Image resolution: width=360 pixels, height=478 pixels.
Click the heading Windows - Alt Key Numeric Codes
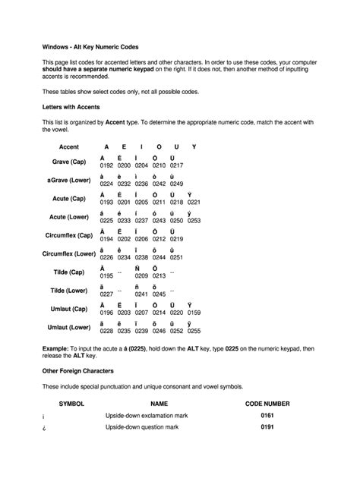(90, 46)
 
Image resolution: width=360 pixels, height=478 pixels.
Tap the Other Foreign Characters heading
(77, 371)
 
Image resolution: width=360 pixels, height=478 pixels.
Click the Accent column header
(69, 146)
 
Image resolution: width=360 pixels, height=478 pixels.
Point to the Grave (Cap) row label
(69, 162)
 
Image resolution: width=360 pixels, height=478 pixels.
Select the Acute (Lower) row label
(69, 217)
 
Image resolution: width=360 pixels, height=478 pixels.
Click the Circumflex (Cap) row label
(69, 235)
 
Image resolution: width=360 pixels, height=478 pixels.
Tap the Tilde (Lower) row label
(69, 291)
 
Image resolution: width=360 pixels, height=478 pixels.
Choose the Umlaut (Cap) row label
(69, 309)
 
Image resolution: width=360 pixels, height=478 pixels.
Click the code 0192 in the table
(106, 165)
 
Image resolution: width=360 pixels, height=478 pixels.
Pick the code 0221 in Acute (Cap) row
(194, 203)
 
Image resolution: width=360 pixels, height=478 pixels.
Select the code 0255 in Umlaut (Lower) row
(194, 332)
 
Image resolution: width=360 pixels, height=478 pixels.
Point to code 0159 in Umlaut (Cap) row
(194, 313)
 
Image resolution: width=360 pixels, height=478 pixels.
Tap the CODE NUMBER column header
(267, 404)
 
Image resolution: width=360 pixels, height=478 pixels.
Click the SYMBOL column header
(71, 404)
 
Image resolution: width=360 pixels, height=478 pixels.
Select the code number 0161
(267, 417)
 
